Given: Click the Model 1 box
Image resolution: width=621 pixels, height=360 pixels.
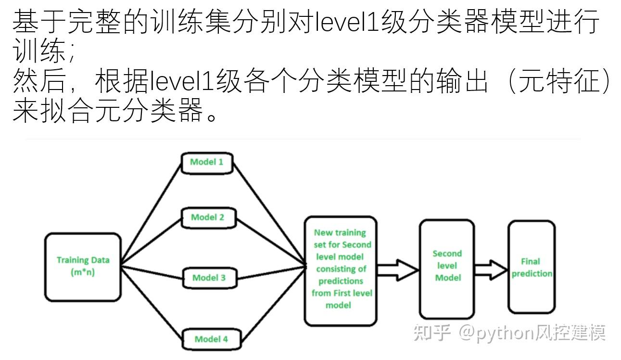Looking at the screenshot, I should coord(207,162).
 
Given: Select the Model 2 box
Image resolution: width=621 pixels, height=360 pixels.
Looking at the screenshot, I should coord(208,218).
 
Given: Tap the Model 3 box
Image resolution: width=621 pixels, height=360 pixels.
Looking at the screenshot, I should coord(209,278).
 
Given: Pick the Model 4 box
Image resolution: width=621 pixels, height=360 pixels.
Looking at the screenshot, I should coord(211,339).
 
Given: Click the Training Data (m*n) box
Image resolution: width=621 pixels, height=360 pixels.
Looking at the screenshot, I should coord(83,267).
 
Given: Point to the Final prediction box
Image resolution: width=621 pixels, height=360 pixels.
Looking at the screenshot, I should coord(531,268).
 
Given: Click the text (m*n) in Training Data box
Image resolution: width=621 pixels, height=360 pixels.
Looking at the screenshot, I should coord(83,272).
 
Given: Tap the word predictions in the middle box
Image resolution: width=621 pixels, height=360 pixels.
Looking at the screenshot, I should coord(341,281).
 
